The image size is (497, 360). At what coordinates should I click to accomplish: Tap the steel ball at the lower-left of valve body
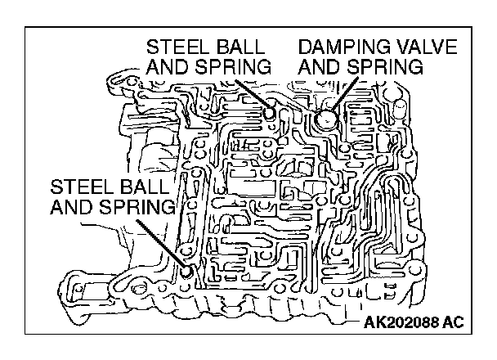(189, 270)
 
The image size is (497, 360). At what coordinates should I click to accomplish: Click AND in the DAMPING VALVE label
(318, 67)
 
